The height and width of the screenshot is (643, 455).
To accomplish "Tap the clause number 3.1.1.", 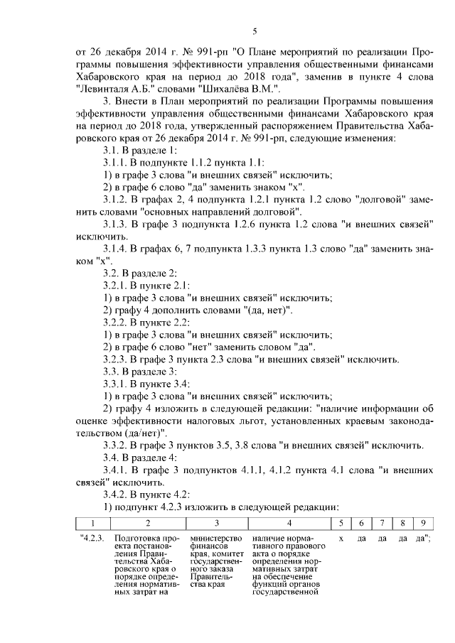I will tap(118, 162).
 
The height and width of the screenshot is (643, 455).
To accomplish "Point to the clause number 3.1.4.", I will tap(118, 249).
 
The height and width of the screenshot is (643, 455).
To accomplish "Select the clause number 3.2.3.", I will tap(118, 360).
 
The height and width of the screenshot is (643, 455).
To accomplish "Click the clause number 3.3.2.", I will tap(118, 445).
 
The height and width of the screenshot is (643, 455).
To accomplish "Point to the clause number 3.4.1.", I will tap(118, 470).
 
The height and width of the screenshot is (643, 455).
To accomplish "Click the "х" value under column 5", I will tap(341, 539).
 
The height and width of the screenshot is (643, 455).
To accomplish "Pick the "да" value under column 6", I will tap(361, 539).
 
